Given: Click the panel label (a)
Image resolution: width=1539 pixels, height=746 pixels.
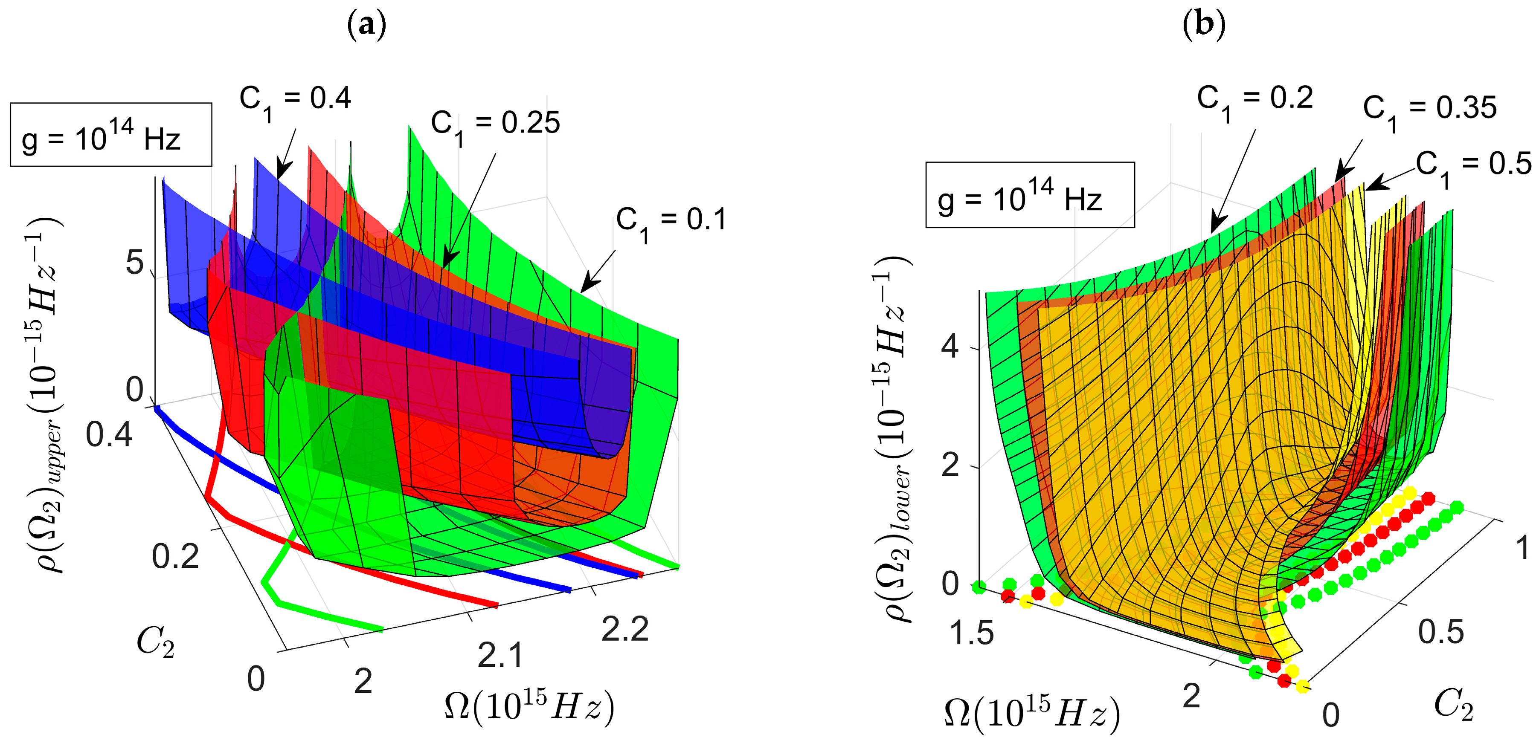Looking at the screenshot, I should (x=366, y=25).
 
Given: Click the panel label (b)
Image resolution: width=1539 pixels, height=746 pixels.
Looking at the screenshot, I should (x=1204, y=25).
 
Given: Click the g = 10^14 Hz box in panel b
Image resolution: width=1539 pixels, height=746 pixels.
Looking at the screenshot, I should (x=1029, y=195).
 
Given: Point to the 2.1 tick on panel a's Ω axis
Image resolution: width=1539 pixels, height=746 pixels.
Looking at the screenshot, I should (x=500, y=655).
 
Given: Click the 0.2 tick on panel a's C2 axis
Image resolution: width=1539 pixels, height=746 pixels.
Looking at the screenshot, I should (x=174, y=557).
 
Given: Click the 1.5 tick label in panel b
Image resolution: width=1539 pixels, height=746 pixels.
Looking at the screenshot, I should (x=971, y=633).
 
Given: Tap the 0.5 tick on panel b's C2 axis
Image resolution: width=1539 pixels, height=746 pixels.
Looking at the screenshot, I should (x=1440, y=632).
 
